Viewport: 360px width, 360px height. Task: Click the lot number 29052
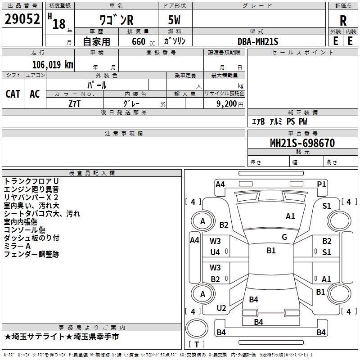(x=22, y=19)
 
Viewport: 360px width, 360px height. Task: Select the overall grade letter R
(x=343, y=21)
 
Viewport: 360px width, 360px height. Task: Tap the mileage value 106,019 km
(x=53, y=65)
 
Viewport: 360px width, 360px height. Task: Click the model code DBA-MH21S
(x=258, y=41)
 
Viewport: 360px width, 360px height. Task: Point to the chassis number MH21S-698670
(x=302, y=143)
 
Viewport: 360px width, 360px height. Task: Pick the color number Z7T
(x=74, y=104)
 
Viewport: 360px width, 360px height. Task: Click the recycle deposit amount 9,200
(x=226, y=104)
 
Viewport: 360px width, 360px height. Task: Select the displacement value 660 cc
(x=143, y=41)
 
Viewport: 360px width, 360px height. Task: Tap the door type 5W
(x=174, y=20)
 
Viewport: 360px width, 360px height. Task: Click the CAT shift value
(x=13, y=94)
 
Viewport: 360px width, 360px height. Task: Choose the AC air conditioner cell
(x=35, y=94)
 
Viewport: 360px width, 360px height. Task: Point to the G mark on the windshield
(x=284, y=237)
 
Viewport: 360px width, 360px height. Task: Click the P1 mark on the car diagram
(x=321, y=184)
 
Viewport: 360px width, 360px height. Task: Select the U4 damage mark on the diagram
(x=215, y=252)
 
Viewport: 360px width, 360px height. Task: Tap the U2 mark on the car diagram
(x=221, y=308)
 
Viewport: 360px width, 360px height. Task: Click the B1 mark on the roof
(x=271, y=251)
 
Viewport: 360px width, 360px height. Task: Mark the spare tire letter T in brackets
(x=197, y=344)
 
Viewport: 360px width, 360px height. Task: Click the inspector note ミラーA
(x=17, y=246)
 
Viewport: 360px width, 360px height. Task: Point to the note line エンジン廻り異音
(x=31, y=189)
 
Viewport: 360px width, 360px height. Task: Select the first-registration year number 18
(x=59, y=24)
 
